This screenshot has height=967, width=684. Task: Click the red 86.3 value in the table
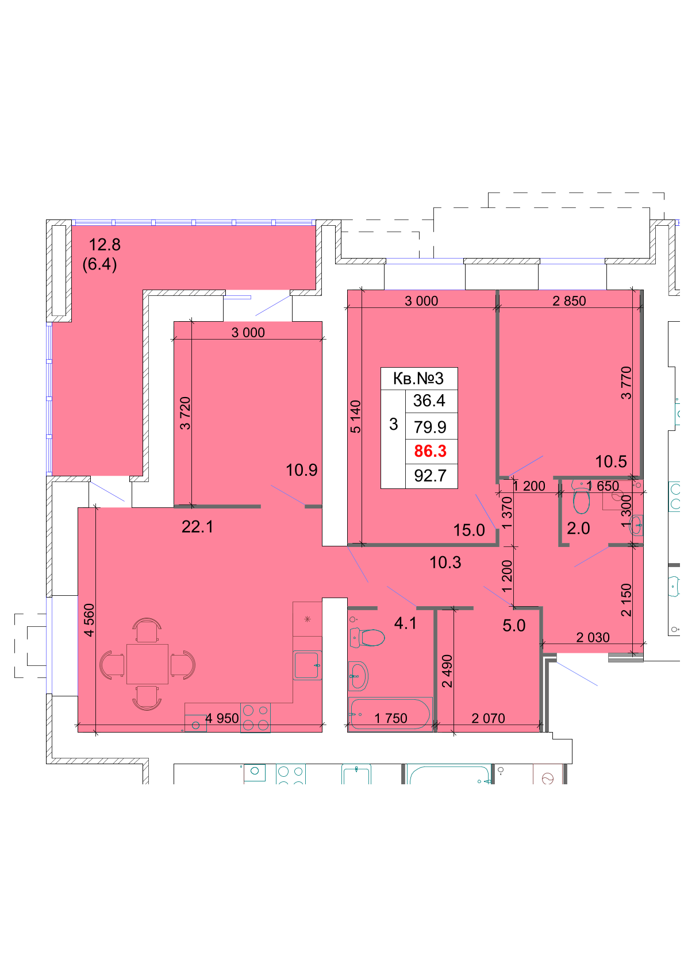(430, 451)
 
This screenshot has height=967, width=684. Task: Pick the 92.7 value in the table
(430, 476)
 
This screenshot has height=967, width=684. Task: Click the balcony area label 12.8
(105, 245)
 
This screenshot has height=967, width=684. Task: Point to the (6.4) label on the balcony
(100, 264)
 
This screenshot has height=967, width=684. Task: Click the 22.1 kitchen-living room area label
(197, 527)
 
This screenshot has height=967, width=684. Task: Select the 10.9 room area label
(301, 470)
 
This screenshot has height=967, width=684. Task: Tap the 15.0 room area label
(469, 530)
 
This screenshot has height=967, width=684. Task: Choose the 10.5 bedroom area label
(611, 462)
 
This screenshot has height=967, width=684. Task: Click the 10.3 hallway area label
(445, 563)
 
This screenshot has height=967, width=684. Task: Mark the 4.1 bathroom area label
(405, 623)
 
